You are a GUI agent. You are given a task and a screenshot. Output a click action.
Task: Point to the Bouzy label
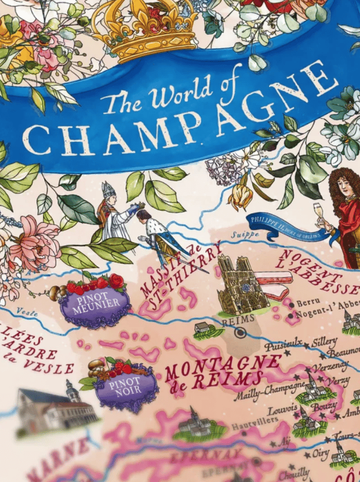324,407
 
